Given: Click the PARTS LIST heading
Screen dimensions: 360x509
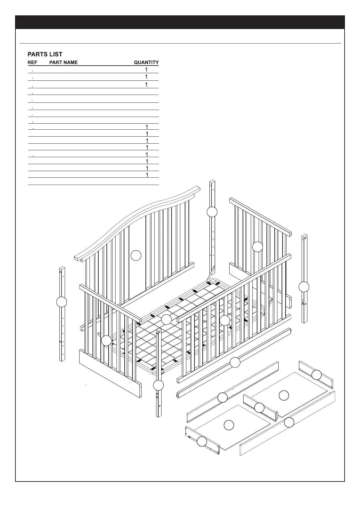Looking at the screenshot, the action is tap(45, 54).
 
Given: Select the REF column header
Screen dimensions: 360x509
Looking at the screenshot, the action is tap(32, 63).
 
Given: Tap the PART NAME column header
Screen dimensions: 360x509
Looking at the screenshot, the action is tap(63, 63).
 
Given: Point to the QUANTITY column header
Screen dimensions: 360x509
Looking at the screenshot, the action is tap(146, 63).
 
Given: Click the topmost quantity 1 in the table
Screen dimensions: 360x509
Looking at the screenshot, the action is tap(146, 70).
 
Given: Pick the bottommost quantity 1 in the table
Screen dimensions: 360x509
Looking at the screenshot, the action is tap(147, 175).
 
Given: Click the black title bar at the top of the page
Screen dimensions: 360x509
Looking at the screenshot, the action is tap(180, 22).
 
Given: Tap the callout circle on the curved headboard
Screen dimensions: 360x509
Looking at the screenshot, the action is tap(136, 255).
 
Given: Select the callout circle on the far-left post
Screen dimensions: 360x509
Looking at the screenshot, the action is tap(62, 302).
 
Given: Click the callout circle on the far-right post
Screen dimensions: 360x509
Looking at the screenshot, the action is tap(304, 287).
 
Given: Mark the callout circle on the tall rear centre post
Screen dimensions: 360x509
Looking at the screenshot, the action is tap(212, 212).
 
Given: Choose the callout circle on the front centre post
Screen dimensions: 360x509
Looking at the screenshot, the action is tap(158, 385).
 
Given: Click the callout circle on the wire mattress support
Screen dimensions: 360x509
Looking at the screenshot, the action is tap(166, 319).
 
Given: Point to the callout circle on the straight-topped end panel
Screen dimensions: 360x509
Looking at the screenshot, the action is tap(257, 247).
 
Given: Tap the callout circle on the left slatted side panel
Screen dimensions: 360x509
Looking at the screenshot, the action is tap(106, 341).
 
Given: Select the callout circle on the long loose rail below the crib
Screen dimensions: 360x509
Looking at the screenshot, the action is tap(235, 362).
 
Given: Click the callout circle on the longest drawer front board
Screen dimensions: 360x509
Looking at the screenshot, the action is tap(289, 422).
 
